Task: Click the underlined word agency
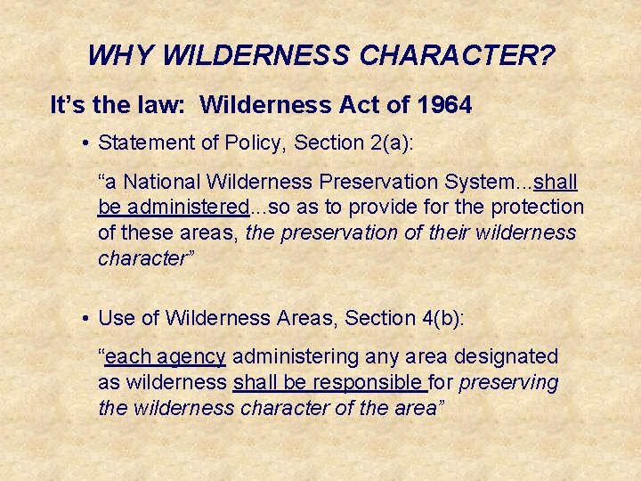(x=191, y=357)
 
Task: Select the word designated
(x=506, y=357)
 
